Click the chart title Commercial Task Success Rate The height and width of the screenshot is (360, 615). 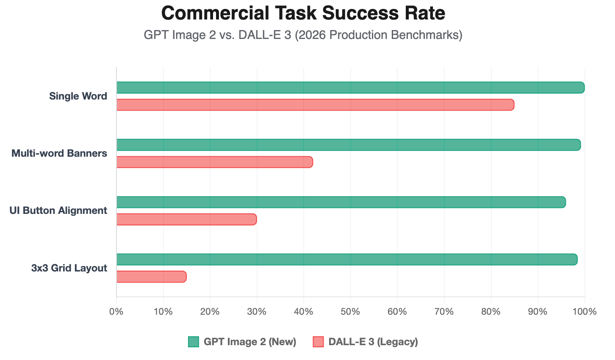(x=303, y=14)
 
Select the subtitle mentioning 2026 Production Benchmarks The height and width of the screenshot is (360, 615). (x=303, y=35)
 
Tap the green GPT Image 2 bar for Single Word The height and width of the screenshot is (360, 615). (x=350, y=88)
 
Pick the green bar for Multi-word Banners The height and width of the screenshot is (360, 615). (x=348, y=145)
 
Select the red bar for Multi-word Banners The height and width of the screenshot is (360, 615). (x=214, y=162)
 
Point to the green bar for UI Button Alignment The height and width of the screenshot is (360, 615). (x=341, y=202)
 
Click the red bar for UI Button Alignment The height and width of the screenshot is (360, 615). (x=186, y=219)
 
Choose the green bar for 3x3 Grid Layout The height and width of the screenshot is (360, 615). (x=346, y=259)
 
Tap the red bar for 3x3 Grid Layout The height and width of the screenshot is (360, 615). (x=151, y=277)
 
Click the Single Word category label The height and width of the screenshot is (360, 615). (x=78, y=96)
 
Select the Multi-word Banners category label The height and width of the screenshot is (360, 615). (x=59, y=153)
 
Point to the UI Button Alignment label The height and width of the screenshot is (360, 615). (x=58, y=210)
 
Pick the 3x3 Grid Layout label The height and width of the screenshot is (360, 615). (x=69, y=268)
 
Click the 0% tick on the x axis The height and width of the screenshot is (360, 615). (x=116, y=312)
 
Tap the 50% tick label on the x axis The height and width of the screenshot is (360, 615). (x=350, y=312)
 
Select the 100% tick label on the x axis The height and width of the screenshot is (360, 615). (x=585, y=312)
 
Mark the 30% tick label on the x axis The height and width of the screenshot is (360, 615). (x=257, y=312)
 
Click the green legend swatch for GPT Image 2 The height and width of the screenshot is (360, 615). (x=194, y=342)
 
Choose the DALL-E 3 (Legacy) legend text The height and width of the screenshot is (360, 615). (x=373, y=342)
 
